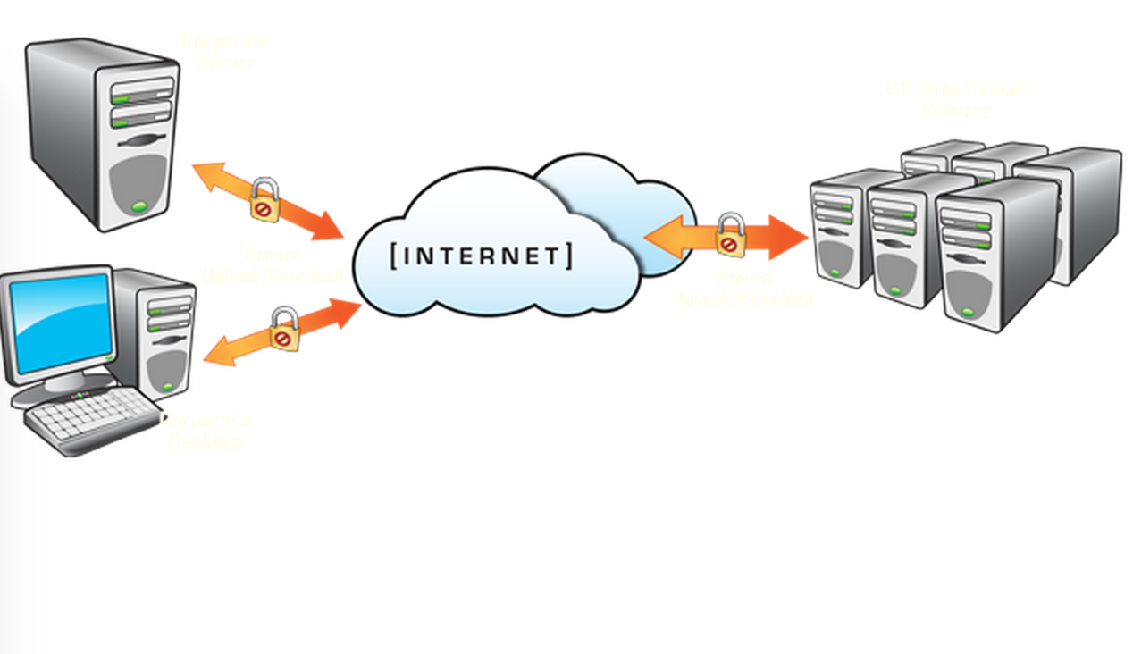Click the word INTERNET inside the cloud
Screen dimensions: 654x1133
coord(482,256)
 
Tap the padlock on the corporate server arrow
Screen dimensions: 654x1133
coord(264,199)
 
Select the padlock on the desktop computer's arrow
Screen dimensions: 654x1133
coord(284,329)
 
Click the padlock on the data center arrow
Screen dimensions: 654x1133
coord(730,235)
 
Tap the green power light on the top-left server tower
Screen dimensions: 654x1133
coord(138,207)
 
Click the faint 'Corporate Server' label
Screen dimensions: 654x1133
coord(225,52)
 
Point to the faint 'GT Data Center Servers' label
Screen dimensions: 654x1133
coord(957,99)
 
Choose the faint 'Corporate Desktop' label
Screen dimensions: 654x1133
coord(206,430)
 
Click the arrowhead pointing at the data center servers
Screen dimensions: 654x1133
coord(791,237)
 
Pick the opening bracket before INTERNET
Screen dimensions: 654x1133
coord(395,256)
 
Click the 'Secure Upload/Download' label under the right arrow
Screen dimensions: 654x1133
coord(743,288)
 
